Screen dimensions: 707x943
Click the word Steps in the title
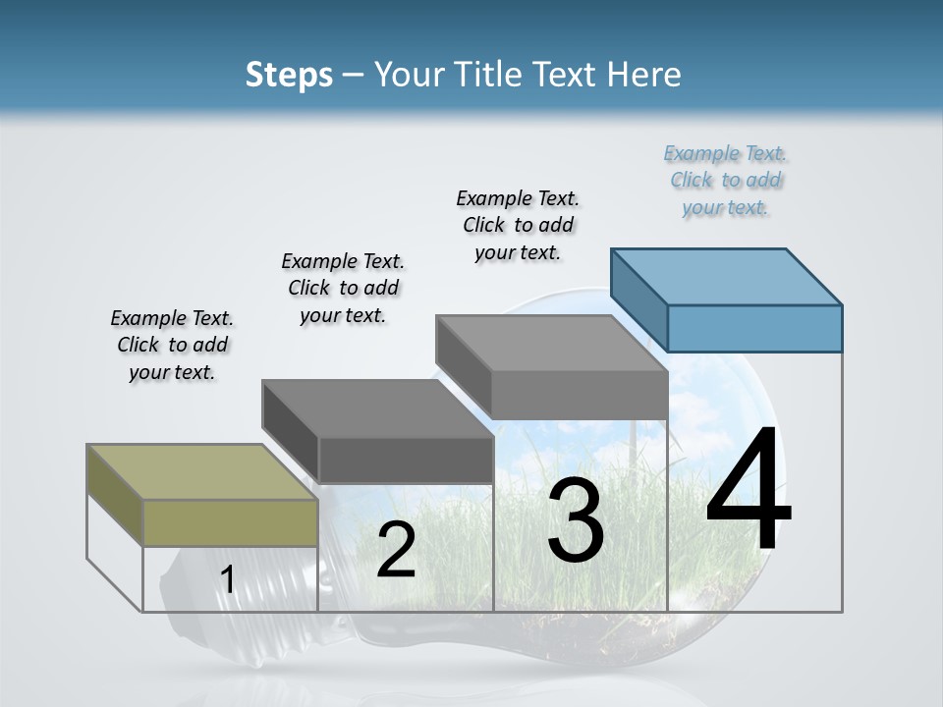click(x=289, y=75)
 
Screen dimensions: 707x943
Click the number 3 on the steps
click(x=576, y=520)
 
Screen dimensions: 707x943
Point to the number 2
click(x=396, y=551)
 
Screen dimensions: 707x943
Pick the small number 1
click(x=227, y=580)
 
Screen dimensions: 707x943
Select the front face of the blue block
click(x=754, y=328)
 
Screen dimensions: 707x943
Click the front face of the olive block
click(x=230, y=522)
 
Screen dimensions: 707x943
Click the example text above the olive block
click(x=172, y=345)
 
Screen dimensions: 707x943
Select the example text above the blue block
click(x=725, y=180)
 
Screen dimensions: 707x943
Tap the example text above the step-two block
click(x=343, y=288)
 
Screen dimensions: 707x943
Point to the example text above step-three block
click(x=518, y=225)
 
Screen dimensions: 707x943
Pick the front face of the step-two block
click(x=405, y=460)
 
